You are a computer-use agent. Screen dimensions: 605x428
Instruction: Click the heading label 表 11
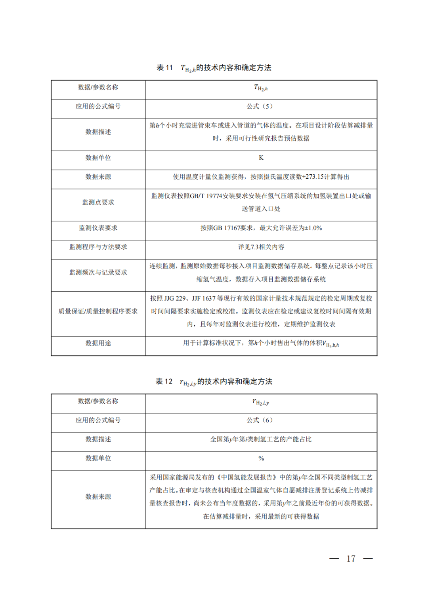[x=164, y=68]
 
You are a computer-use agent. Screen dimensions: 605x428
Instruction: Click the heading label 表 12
[x=164, y=382]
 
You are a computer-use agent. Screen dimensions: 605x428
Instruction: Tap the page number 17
[x=351, y=559]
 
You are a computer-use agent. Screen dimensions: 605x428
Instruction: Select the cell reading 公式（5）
[x=261, y=107]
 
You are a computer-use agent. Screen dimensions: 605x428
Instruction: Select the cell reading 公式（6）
[x=261, y=420]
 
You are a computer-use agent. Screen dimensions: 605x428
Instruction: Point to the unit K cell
[x=261, y=158]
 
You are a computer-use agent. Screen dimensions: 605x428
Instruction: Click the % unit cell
[x=261, y=458]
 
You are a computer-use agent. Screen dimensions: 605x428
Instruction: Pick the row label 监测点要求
[x=98, y=202]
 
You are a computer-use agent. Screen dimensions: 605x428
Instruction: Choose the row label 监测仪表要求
[x=98, y=228]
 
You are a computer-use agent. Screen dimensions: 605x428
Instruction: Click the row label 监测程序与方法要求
[x=98, y=247]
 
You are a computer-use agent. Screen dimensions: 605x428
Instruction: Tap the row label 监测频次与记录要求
[x=98, y=273]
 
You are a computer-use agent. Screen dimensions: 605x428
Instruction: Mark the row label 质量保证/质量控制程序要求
[x=98, y=311]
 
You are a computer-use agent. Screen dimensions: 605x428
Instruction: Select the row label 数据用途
[x=98, y=344]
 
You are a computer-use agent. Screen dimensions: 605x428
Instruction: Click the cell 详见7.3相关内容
[x=261, y=247]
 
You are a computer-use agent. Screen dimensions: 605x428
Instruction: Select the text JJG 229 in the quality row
[x=175, y=298]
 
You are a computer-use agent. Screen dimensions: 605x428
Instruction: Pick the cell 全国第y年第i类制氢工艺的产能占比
[x=261, y=439]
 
